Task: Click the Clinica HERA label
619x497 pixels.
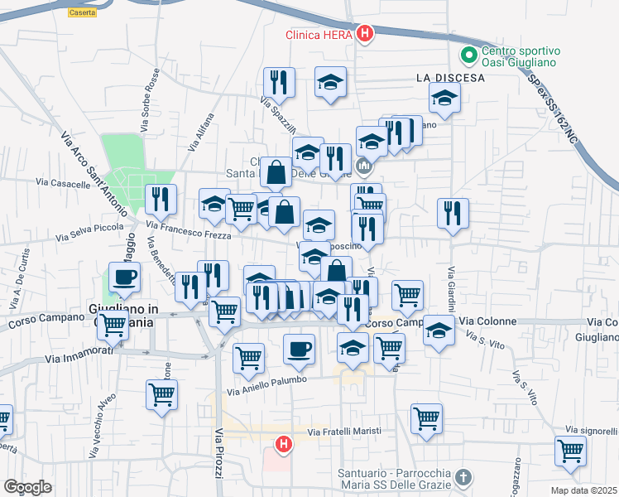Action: click(319, 35)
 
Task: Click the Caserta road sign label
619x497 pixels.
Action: click(82, 12)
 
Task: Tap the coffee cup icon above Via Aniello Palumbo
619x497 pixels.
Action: click(299, 349)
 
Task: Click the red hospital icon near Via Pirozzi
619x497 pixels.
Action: click(284, 446)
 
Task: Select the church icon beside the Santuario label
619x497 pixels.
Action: click(463, 477)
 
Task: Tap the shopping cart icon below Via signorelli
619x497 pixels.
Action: click(570, 451)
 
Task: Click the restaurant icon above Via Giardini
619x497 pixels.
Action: click(453, 213)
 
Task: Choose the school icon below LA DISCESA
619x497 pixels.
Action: click(444, 99)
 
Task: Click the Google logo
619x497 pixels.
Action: click(27, 487)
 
